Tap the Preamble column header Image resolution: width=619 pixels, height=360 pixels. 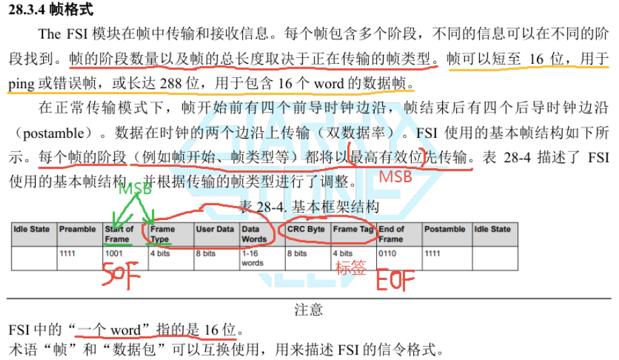pos(77,229)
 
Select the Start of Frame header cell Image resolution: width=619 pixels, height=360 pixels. pos(119,233)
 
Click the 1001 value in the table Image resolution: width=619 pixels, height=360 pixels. pos(115,254)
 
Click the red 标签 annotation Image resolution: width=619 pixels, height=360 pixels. pos(350,268)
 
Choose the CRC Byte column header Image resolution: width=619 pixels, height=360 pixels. pos(306,229)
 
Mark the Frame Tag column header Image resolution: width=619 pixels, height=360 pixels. pos(353,229)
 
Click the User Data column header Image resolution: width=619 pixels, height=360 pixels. pos(215,229)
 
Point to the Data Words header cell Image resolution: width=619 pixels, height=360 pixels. pos(254,233)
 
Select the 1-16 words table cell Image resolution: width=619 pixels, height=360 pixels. pos(252,258)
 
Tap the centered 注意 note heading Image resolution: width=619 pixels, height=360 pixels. pos(309,310)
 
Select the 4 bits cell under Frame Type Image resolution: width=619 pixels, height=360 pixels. pos(160,254)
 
